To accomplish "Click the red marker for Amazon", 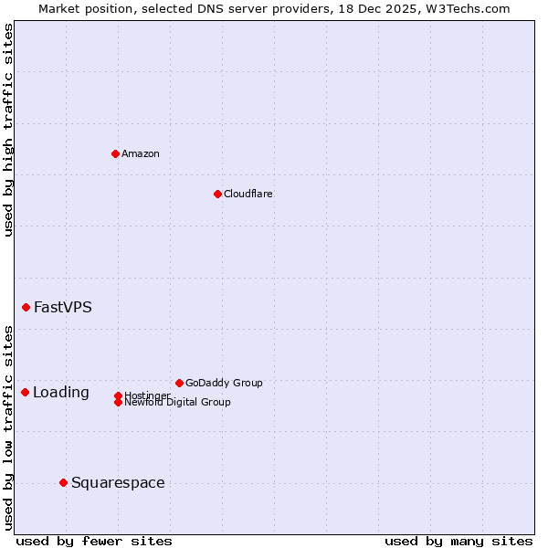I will click(x=115, y=153).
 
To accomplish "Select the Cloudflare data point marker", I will click(x=217, y=194).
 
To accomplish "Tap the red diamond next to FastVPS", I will click(x=26, y=307).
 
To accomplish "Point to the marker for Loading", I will click(x=25, y=392).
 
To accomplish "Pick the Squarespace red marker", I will click(x=63, y=482).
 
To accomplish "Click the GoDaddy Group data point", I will click(x=179, y=383).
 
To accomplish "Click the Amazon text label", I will click(x=141, y=153).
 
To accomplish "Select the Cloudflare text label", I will click(x=248, y=194).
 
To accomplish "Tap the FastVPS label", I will click(x=63, y=307).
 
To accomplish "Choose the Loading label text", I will click(x=61, y=393).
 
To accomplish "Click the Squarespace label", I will click(x=118, y=483).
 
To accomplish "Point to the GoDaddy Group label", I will click(x=224, y=383).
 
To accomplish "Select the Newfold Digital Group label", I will click(x=177, y=402).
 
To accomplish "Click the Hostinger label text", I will click(x=146, y=395).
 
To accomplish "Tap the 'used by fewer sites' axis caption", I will click(x=94, y=541).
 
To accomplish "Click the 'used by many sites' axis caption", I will click(x=458, y=541).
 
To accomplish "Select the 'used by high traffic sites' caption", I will click(x=8, y=131).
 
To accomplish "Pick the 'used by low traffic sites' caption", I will click(x=8, y=427).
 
